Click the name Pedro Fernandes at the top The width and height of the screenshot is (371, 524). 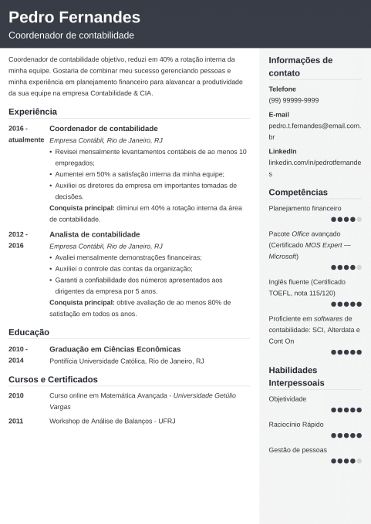[x=74, y=17]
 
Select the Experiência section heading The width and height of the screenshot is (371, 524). [x=32, y=111]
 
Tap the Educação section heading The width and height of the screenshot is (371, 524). [x=29, y=332]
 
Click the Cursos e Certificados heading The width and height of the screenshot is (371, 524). [x=53, y=379]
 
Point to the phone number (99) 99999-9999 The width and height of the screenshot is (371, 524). [x=293, y=100]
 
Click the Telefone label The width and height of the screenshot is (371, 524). [x=282, y=89]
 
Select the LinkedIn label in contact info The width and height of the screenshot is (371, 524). [x=282, y=151]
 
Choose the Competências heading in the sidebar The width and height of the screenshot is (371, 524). [x=298, y=192]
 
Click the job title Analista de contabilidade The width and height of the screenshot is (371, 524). [x=94, y=233]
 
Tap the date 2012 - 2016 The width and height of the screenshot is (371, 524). [x=18, y=239]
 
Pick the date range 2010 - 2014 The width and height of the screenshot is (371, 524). [x=18, y=354]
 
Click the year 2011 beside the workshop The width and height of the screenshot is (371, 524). [x=16, y=421]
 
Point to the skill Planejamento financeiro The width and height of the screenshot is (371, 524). [x=305, y=208]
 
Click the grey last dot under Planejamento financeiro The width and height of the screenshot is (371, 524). [x=359, y=220]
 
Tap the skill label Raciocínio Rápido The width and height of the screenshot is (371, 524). [x=296, y=424]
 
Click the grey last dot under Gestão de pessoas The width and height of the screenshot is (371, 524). [x=359, y=461]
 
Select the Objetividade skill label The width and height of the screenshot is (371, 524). [x=287, y=398]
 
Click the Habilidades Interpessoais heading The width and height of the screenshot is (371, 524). [x=296, y=376]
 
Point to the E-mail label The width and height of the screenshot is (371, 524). [x=278, y=114]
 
